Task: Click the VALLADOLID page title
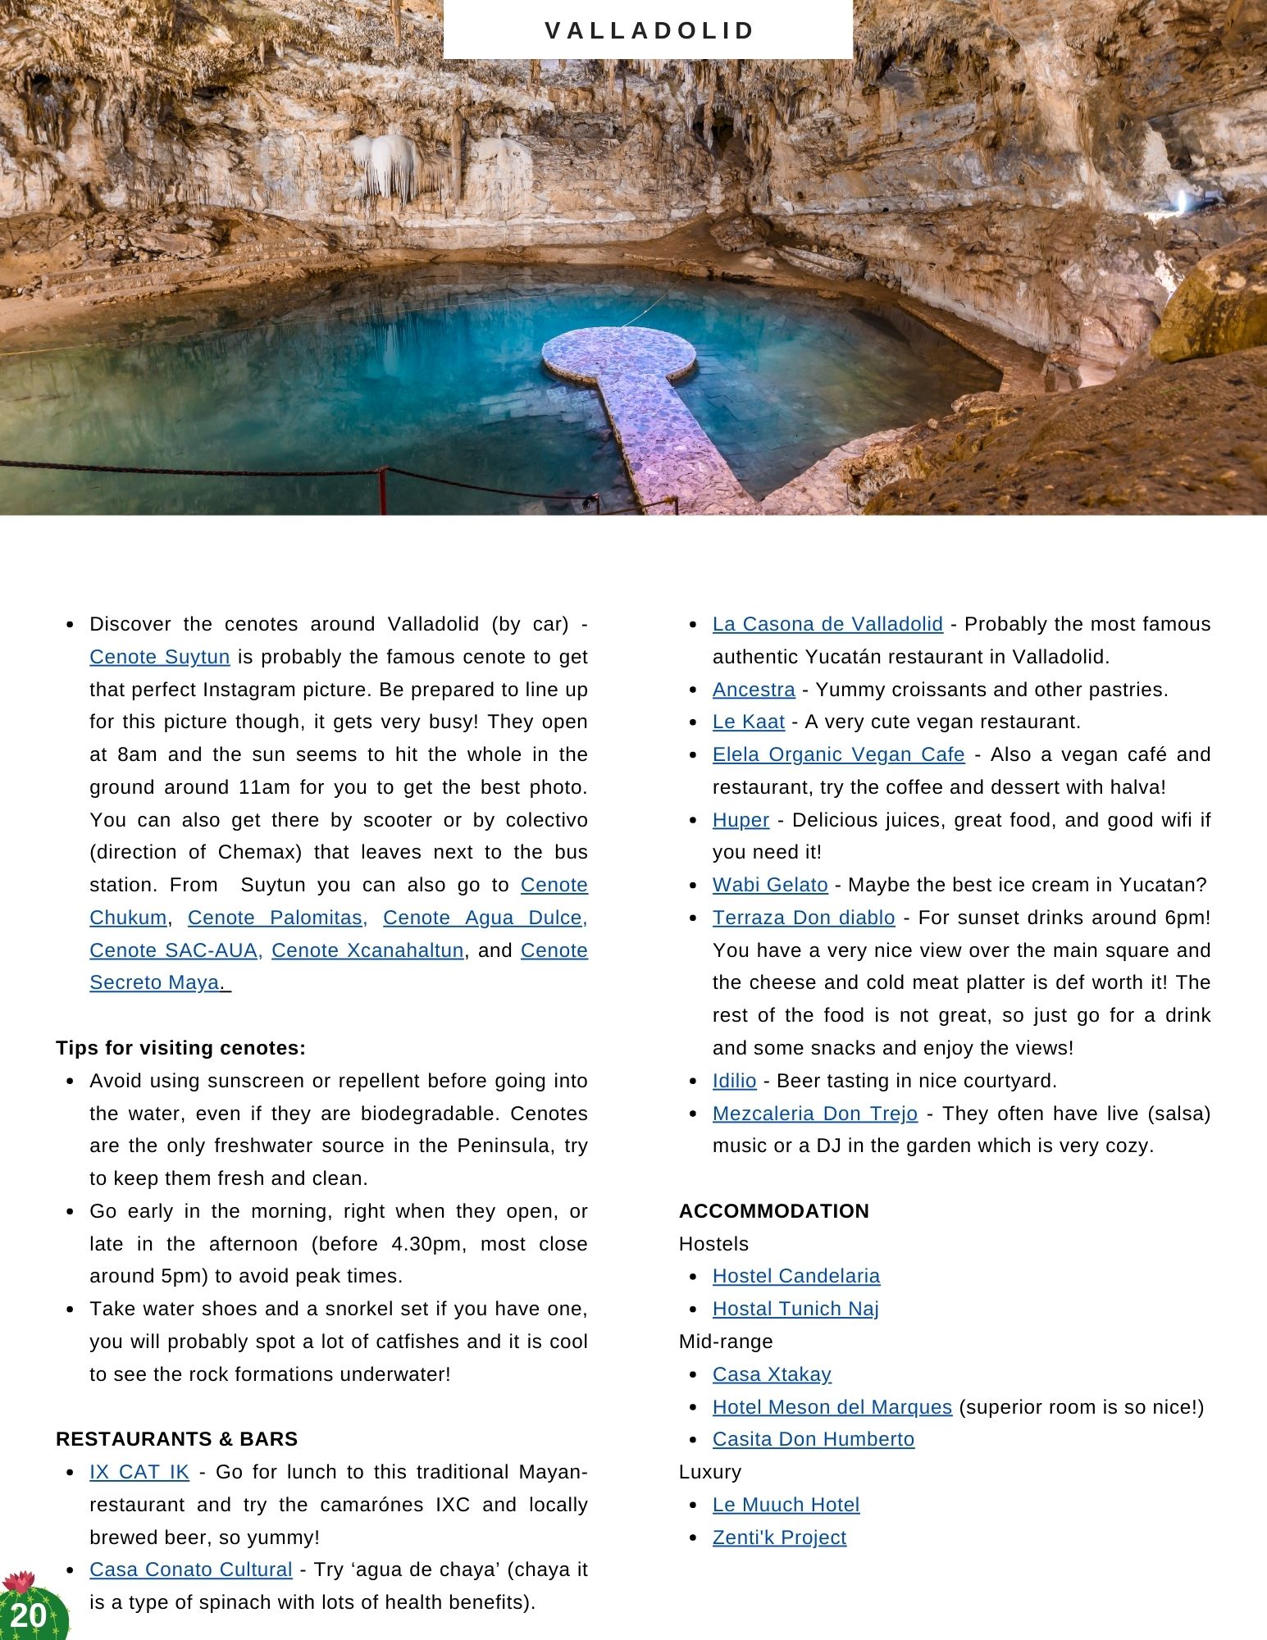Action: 649,30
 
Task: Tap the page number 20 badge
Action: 29,1615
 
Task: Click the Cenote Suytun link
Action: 159,657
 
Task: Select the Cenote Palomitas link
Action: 277,918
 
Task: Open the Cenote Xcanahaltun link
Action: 367,950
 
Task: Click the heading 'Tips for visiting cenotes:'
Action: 180,1048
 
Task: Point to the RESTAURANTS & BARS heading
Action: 176,1439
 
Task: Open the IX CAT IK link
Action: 139,1472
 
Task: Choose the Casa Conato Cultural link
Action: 190,1569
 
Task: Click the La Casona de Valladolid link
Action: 827,624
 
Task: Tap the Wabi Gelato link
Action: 770,885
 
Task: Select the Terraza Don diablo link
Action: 804,918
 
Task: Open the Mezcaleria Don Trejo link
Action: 815,1114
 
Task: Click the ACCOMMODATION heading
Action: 773,1211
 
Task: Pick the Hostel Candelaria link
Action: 796,1276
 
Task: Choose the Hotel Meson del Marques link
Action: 832,1407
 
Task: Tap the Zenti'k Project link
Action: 779,1537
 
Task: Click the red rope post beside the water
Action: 382,490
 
